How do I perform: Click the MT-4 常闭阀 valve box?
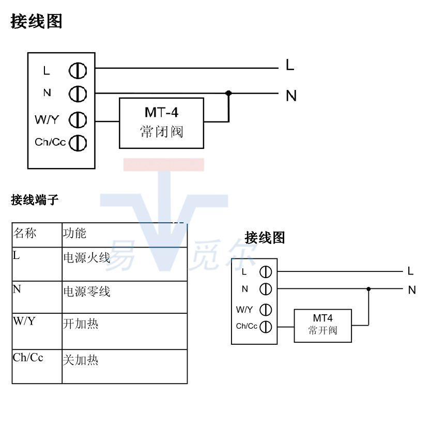click(161, 123)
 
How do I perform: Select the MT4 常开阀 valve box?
click(322, 326)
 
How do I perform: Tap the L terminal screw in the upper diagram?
click(78, 70)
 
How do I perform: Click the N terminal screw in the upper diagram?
click(78, 94)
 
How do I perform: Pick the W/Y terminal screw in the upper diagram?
click(78, 120)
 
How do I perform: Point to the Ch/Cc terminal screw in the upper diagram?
click(78, 142)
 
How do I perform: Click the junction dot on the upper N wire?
click(228, 94)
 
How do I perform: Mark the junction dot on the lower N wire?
click(368, 289)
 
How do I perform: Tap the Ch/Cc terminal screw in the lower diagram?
click(266, 326)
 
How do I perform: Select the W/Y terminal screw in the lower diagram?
click(266, 310)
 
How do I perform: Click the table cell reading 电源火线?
click(124, 264)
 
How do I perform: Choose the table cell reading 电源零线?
click(124, 297)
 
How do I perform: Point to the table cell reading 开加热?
click(124, 331)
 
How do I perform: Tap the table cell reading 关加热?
click(124, 366)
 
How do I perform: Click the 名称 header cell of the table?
click(37, 235)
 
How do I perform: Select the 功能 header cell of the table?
click(124, 235)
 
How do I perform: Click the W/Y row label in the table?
click(37, 331)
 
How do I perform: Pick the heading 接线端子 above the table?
click(35, 200)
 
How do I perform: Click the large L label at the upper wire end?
click(290, 65)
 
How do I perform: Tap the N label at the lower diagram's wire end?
click(411, 290)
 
